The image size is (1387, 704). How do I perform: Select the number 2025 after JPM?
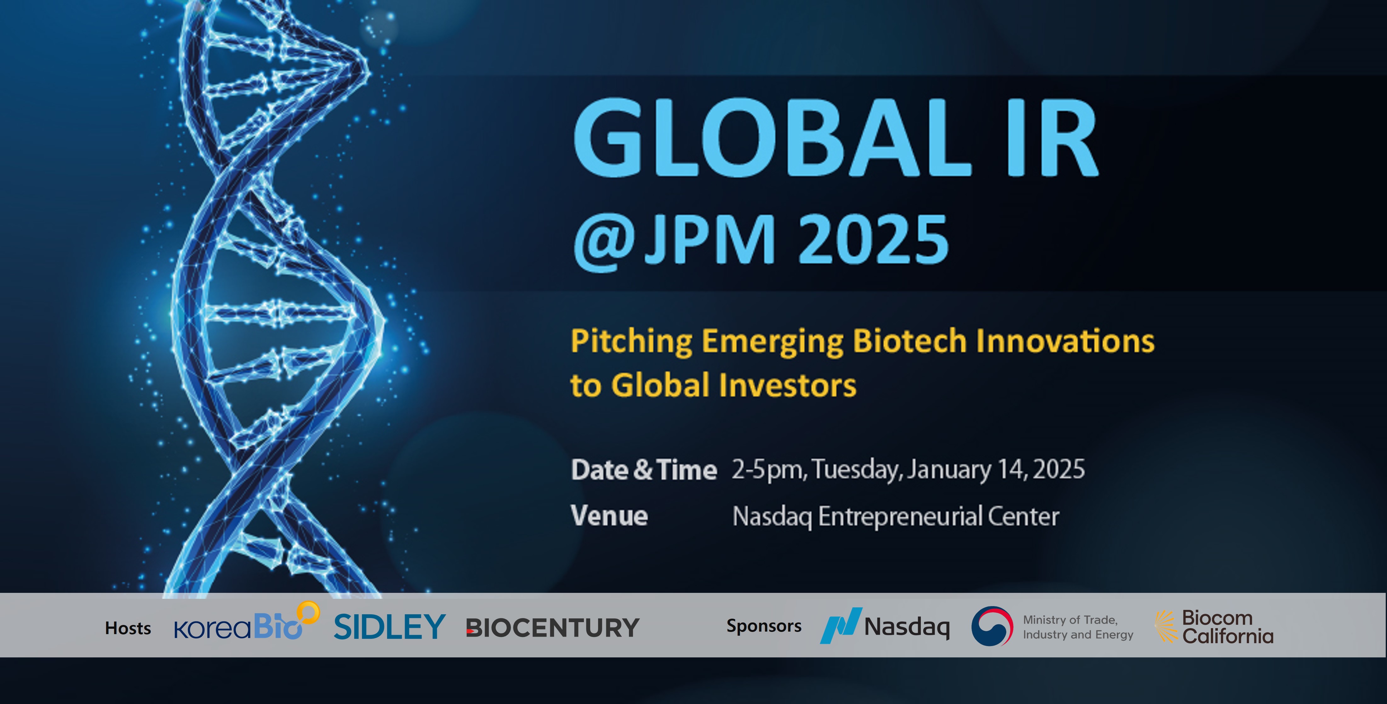coord(873,238)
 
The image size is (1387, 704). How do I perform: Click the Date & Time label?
coord(644,469)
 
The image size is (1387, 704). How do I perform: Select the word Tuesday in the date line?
coord(857,470)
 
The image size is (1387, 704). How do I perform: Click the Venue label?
coord(609,516)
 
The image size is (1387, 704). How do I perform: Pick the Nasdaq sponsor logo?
coord(885,626)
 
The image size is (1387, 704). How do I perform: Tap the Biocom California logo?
coord(1214,627)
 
